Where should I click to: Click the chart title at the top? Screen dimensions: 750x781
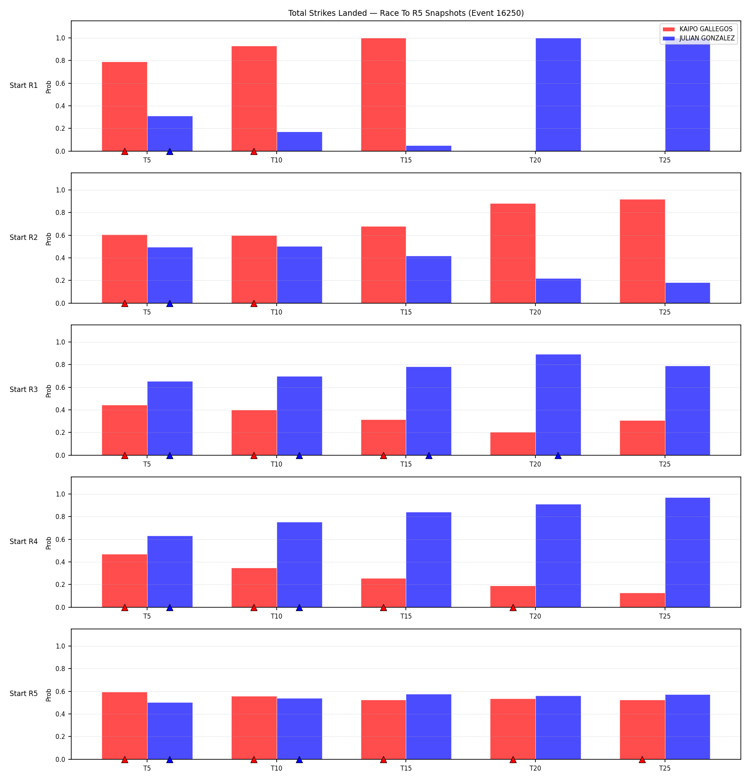[x=406, y=13]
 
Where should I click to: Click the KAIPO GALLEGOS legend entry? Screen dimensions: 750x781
[x=698, y=29]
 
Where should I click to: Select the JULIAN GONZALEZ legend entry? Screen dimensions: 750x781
[x=698, y=38]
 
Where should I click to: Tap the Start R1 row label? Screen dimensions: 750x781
[x=24, y=85]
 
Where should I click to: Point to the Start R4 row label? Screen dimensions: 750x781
[x=24, y=541]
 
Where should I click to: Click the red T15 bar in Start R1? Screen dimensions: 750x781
[x=383, y=95]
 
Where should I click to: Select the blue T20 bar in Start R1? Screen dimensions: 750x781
[x=558, y=95]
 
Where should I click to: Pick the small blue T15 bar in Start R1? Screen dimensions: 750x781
[x=429, y=148]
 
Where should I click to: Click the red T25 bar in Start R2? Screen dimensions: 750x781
[x=642, y=252]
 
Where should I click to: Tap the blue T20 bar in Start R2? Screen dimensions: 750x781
[x=558, y=291]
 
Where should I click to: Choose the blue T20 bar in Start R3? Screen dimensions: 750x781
[x=558, y=405]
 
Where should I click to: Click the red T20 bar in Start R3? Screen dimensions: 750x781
[x=513, y=444]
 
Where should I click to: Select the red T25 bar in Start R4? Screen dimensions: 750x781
[x=642, y=600]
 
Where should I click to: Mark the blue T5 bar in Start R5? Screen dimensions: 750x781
[x=170, y=731]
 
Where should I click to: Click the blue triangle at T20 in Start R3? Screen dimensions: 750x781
[x=558, y=456]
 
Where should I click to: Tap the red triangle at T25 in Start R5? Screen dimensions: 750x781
[x=642, y=760]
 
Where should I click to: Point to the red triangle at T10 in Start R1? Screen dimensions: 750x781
[x=254, y=152]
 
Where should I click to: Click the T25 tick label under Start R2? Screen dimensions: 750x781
[x=665, y=312]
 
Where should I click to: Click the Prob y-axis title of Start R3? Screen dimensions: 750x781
[x=49, y=391]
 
